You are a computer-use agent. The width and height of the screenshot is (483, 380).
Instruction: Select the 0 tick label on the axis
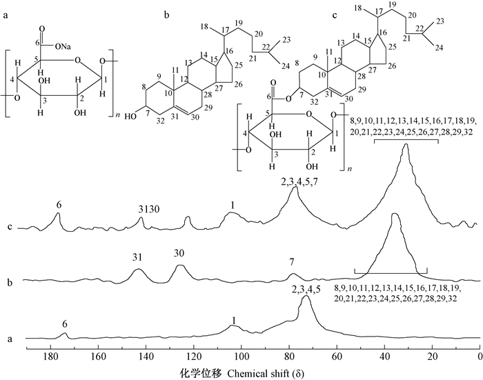(480, 356)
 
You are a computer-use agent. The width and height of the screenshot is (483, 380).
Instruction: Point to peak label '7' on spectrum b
(292, 263)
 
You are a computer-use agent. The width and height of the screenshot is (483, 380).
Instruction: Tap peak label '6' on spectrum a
(64, 324)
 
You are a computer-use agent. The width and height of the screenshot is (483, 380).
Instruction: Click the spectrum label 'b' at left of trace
(8, 281)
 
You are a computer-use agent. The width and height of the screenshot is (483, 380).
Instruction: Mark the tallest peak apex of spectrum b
(395, 214)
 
